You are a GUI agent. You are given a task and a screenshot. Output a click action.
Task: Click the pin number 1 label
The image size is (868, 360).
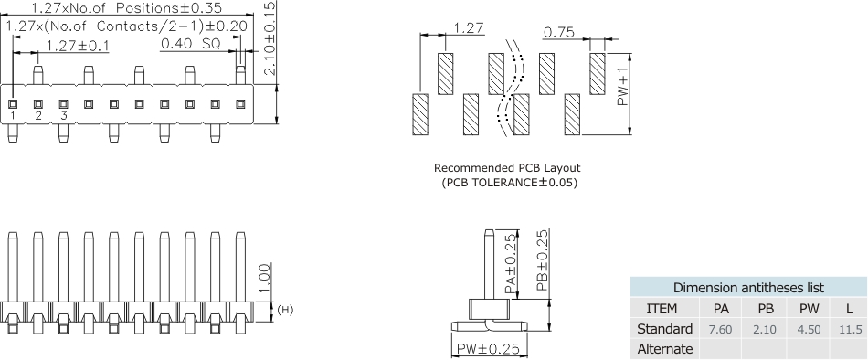(12, 116)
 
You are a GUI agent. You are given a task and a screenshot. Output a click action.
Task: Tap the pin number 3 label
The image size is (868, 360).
(64, 116)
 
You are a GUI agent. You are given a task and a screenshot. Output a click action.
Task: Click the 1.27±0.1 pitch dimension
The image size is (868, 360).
(78, 46)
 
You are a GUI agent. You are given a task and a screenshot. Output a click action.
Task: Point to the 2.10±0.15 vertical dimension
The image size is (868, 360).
(269, 37)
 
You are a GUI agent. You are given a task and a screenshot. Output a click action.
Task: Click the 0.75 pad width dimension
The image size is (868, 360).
(558, 33)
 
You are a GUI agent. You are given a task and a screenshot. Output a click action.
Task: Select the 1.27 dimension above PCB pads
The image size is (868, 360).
(469, 27)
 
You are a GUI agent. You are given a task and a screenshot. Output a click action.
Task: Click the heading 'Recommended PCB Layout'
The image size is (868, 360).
(507, 168)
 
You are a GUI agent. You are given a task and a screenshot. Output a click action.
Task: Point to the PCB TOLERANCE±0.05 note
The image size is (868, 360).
(509, 183)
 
